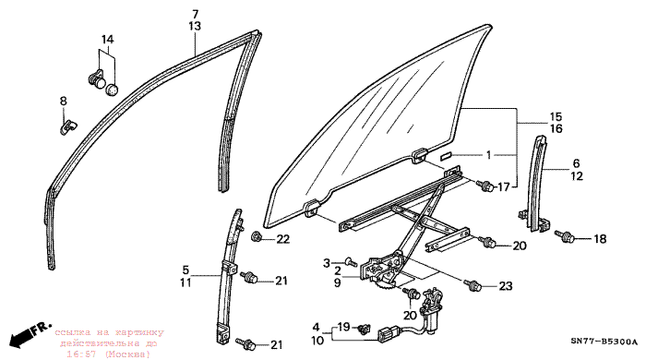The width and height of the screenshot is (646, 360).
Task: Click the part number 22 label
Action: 283,239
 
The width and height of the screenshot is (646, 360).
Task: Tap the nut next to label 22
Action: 257,236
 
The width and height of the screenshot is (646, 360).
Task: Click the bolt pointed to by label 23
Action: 473,284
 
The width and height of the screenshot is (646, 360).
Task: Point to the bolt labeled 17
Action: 484,186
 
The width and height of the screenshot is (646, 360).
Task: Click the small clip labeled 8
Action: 68,126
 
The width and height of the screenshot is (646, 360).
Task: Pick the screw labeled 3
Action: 352,260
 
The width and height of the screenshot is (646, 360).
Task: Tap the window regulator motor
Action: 430,310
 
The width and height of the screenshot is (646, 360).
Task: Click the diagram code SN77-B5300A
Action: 604,342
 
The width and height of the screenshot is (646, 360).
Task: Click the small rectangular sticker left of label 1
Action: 447,156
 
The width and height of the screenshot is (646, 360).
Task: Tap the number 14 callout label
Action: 107,40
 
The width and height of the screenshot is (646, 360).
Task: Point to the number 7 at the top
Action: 195,14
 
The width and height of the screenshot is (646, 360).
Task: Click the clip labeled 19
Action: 363,330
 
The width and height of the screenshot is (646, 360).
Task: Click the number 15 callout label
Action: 556,116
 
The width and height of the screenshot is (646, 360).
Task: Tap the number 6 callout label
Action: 576,163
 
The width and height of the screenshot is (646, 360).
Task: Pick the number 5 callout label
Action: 185,270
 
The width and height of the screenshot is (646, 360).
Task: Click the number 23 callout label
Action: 506,285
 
